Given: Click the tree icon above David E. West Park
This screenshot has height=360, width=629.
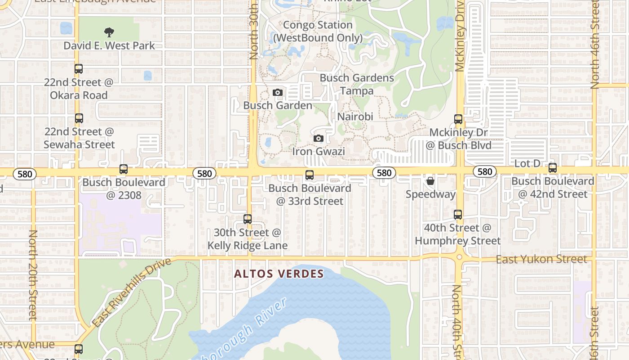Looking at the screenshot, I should (x=109, y=32).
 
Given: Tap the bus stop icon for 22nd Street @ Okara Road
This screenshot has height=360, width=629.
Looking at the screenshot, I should (x=79, y=69).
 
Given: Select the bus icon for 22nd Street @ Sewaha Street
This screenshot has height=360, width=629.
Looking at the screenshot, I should (x=79, y=118).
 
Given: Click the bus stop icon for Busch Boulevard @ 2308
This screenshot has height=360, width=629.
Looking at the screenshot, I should (x=124, y=170).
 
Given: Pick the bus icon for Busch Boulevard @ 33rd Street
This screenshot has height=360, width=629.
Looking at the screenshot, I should (x=310, y=175).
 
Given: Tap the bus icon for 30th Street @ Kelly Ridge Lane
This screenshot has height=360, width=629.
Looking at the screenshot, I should (x=248, y=219).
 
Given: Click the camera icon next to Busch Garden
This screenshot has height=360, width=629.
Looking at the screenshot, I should (x=278, y=93).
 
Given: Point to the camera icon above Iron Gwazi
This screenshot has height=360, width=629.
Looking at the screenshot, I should (x=319, y=138).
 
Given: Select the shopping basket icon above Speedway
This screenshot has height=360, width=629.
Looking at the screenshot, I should (x=430, y=181).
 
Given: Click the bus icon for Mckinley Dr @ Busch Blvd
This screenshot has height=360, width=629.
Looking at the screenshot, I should (x=458, y=119).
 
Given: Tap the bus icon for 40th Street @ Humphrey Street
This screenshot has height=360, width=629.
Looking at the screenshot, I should (x=458, y=215).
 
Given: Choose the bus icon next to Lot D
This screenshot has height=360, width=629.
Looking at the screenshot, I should (x=553, y=168).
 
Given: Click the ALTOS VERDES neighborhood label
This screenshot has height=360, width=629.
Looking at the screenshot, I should (x=279, y=274).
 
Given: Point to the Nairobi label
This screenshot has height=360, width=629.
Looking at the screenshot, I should (x=355, y=117).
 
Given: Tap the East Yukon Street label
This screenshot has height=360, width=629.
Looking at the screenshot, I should (x=541, y=259).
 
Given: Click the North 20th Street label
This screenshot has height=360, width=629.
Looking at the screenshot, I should (x=33, y=274).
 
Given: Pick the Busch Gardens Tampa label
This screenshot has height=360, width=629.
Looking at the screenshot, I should (x=357, y=84).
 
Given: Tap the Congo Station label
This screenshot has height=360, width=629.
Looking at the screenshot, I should (x=318, y=31).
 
